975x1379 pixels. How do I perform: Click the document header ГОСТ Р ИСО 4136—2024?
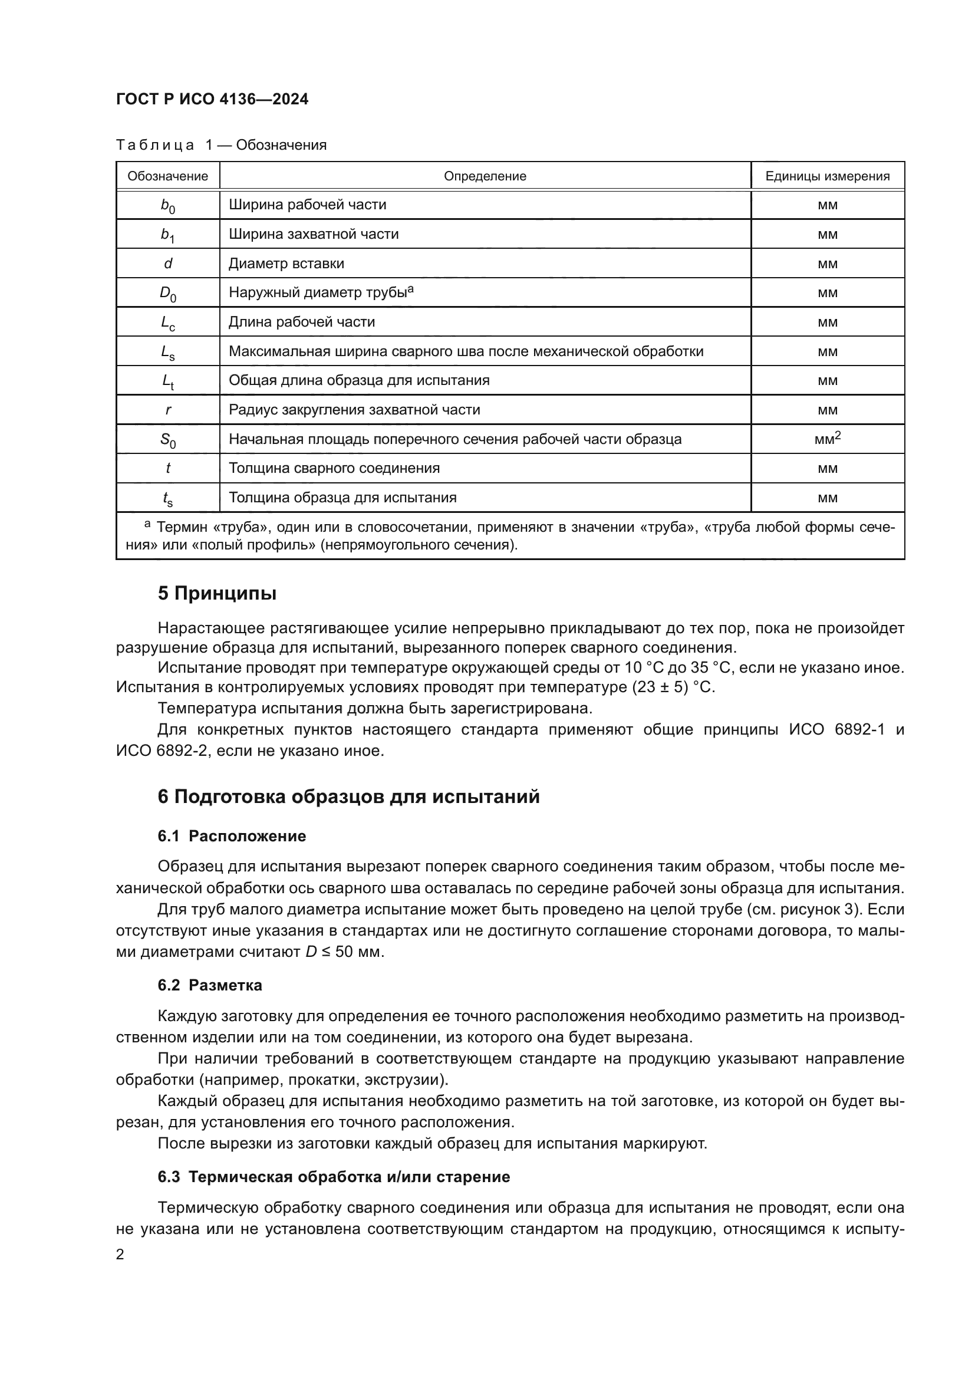pyautogui.click(x=212, y=99)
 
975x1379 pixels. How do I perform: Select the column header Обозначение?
pyautogui.click(x=167, y=176)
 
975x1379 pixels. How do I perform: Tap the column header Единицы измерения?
pyautogui.click(x=826, y=176)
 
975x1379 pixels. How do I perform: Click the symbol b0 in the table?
pyautogui.click(x=167, y=205)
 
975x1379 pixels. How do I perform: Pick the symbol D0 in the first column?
pyautogui.click(x=167, y=294)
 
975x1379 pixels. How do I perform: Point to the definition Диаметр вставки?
pyautogui.click(x=286, y=263)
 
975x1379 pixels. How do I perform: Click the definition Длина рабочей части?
pyautogui.click(x=301, y=322)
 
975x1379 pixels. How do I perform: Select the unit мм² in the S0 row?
pyautogui.click(x=826, y=439)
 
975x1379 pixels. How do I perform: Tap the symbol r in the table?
pyautogui.click(x=167, y=410)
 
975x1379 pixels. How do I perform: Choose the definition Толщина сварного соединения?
pyautogui.click(x=334, y=468)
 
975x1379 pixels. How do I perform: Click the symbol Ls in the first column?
pyautogui.click(x=167, y=353)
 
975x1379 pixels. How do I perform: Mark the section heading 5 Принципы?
pyautogui.click(x=217, y=594)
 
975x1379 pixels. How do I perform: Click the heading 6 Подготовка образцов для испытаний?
pyautogui.click(x=348, y=797)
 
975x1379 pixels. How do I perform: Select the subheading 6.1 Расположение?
pyautogui.click(x=232, y=836)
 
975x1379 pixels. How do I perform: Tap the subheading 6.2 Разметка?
pyautogui.click(x=209, y=985)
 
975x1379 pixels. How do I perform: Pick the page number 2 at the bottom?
pyautogui.click(x=120, y=1254)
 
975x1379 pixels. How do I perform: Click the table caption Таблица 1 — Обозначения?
pyautogui.click(x=221, y=145)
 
